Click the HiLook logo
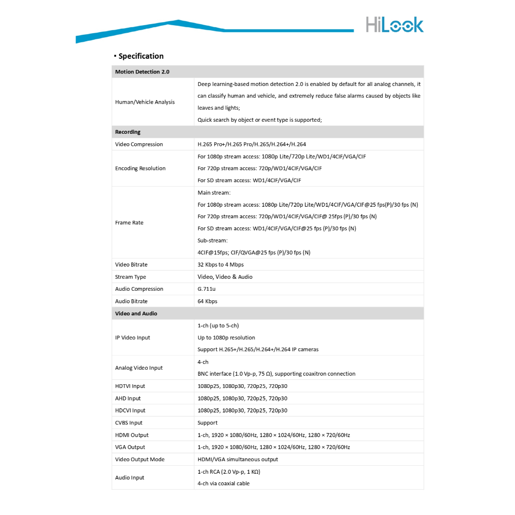(x=394, y=25)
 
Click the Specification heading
(x=141, y=56)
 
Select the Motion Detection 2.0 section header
(x=142, y=72)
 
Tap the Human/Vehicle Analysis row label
(x=145, y=102)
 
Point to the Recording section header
(x=128, y=132)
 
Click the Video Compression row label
(x=139, y=144)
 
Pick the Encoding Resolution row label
(x=140, y=168)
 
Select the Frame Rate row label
(x=129, y=223)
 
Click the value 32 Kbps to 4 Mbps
(x=221, y=265)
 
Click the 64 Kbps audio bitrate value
(x=208, y=301)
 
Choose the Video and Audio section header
(x=136, y=313)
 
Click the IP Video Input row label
(x=133, y=338)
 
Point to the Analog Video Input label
(x=139, y=368)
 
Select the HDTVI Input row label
(x=130, y=386)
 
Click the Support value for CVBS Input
(x=208, y=423)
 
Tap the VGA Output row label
(x=130, y=447)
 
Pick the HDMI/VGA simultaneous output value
(x=238, y=459)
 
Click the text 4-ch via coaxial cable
(x=223, y=484)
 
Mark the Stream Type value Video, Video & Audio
(x=225, y=277)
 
